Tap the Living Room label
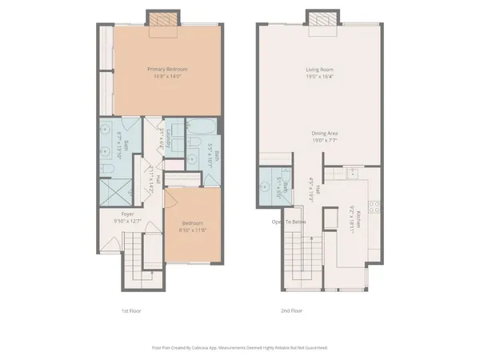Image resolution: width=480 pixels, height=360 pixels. [x=318, y=69]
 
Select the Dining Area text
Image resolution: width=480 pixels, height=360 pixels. [x=318, y=133]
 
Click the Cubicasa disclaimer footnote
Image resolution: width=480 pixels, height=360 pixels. [x=240, y=348]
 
